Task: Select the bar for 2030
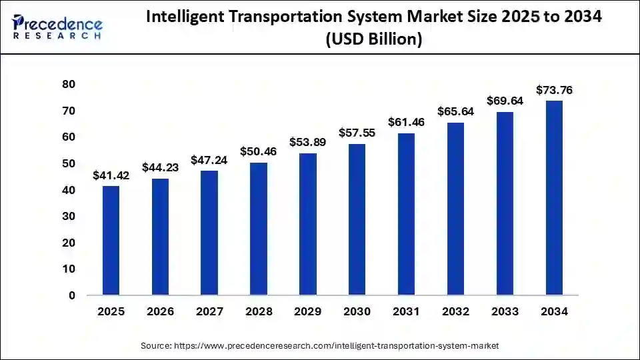357,219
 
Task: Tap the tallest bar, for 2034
554,198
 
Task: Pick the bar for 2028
259,229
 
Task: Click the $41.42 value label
111,176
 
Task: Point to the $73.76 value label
555,90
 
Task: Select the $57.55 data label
357,133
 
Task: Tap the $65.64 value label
455,112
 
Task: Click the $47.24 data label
209,160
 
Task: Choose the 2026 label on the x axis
160,312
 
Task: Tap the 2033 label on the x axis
505,312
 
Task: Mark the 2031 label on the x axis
406,312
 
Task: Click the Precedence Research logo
57,26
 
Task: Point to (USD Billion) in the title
373,39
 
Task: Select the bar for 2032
455,209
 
